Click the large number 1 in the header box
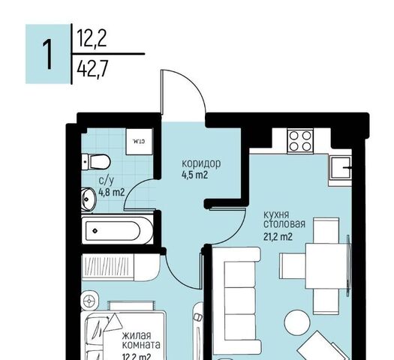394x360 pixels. [48, 55]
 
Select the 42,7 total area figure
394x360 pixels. [92, 70]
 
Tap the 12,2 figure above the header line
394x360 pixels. [92, 38]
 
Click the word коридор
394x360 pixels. [201, 163]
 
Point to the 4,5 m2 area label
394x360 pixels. [194, 175]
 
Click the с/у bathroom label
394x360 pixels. [107, 180]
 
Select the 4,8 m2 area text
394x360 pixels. [112, 193]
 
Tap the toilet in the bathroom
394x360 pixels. [96, 162]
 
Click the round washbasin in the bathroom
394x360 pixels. [89, 199]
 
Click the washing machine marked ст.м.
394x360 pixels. [139, 142]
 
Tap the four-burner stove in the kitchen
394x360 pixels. [300, 140]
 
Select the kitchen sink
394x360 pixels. [341, 168]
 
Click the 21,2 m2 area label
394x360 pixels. [278, 236]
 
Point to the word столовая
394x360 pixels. [284, 224]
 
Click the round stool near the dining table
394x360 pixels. [296, 322]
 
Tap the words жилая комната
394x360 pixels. [141, 340]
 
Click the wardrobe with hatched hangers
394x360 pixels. [121, 267]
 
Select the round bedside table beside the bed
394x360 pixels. [89, 300]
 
